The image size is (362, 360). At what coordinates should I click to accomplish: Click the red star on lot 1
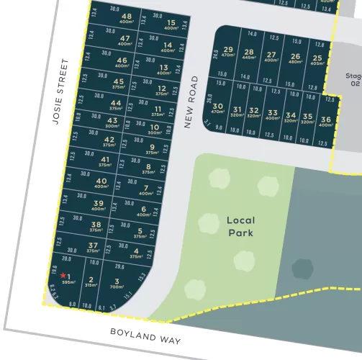(63, 275)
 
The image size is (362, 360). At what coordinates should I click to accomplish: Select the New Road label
(190, 102)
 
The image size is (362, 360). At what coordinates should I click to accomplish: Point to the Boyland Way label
(145, 336)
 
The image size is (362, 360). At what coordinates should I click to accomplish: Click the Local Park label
(240, 226)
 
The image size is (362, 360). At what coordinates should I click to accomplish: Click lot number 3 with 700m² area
(117, 282)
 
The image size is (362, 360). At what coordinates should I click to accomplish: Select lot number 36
(325, 120)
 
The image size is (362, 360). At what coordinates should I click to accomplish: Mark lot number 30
(217, 106)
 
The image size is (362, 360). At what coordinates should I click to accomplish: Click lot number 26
(295, 56)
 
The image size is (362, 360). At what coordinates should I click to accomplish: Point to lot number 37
(93, 246)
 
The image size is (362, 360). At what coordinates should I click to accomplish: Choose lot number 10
(155, 127)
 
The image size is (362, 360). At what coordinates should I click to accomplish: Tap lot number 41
(105, 160)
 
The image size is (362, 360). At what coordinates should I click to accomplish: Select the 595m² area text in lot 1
(69, 283)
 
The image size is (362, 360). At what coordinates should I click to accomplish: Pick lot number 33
(272, 113)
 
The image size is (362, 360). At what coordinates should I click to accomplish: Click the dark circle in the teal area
(302, 269)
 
